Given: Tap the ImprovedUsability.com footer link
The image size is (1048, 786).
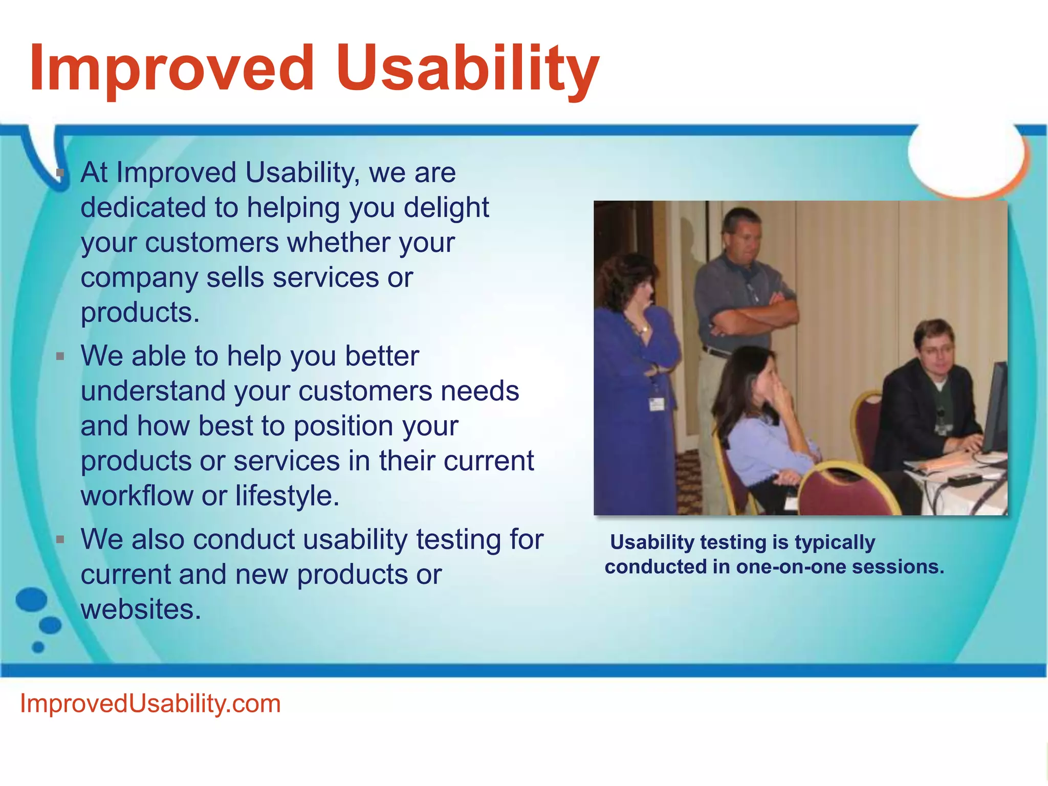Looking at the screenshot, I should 150,704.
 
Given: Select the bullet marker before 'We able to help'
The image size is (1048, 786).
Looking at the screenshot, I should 60,356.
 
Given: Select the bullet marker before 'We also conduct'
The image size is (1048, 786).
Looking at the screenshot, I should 60,539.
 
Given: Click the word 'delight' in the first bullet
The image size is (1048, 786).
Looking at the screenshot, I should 446,208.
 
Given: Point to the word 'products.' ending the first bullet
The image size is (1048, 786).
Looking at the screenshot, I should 140,313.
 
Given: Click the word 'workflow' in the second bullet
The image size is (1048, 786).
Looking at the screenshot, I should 137,495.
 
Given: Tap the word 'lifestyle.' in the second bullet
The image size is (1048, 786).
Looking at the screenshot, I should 287,495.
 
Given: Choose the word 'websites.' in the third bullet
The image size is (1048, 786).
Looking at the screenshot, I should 141,609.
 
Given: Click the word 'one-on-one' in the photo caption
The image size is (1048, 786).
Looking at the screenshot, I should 791,567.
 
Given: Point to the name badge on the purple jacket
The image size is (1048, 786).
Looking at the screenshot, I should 656,403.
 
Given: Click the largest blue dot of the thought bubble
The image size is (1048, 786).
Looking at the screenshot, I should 31,599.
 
